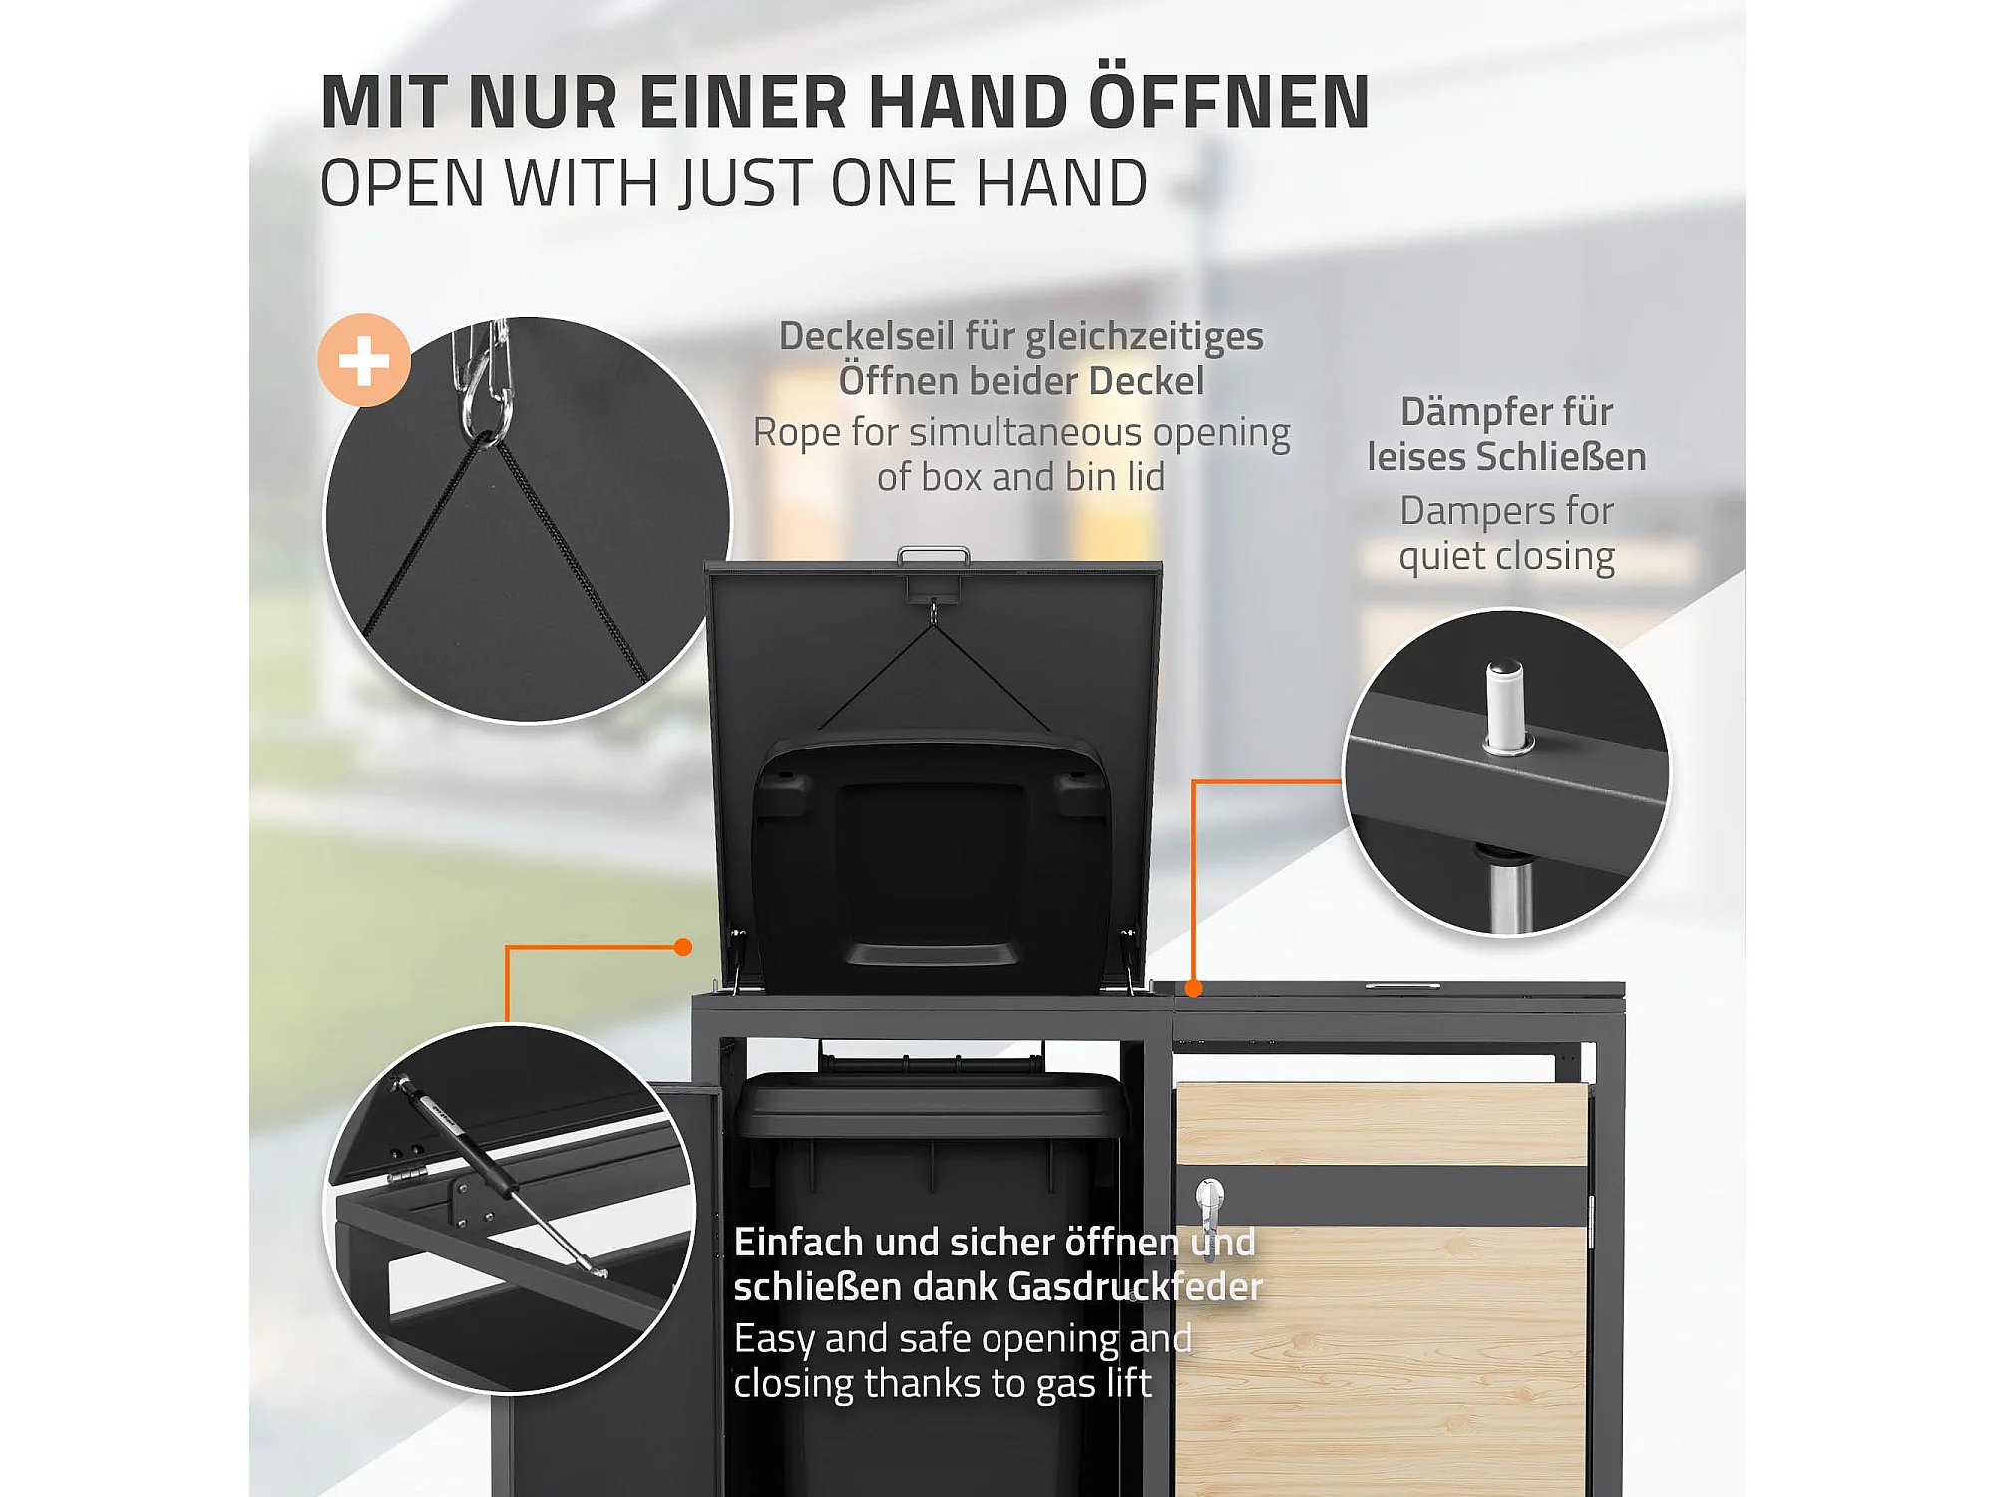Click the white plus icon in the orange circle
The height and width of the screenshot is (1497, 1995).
click(364, 360)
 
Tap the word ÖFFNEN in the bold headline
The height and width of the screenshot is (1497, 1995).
click(1229, 102)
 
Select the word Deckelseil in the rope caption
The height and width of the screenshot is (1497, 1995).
click(866, 337)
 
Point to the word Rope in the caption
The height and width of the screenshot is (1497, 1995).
click(797, 434)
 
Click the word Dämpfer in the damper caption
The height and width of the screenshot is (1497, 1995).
click(1470, 412)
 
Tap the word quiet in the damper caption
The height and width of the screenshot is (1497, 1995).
click(1442, 557)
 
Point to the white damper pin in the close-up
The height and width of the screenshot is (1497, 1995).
click(1506, 707)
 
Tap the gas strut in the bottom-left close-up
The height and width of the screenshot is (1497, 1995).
click(499, 1174)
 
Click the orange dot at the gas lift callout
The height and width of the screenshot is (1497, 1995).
click(683, 947)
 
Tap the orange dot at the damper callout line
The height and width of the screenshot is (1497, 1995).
click(1194, 988)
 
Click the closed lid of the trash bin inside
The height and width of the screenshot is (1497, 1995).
click(933, 1103)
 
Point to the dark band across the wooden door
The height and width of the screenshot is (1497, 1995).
click(1383, 1196)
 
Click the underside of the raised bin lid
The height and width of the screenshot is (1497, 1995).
click(933, 863)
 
